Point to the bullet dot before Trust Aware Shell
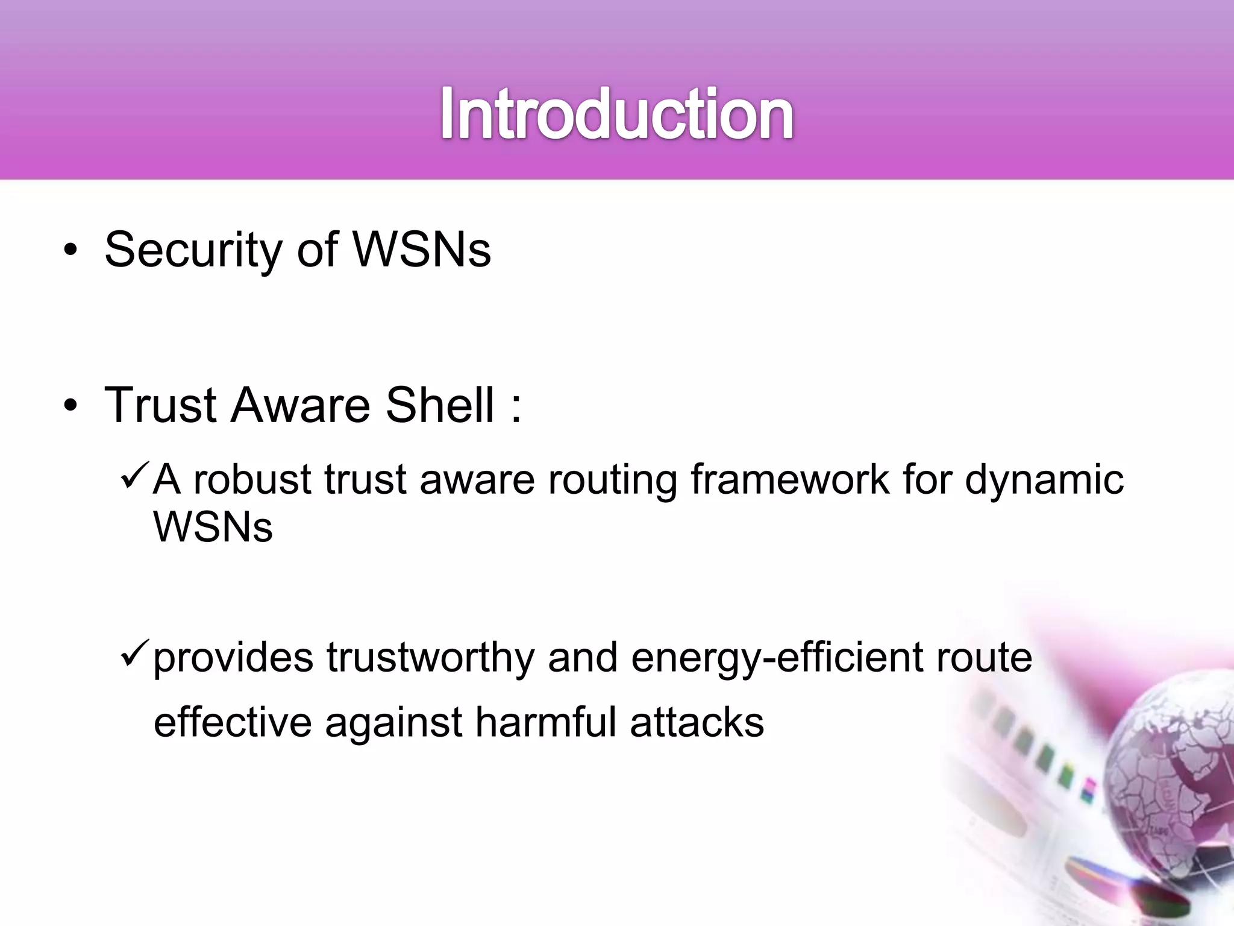pyautogui.click(x=70, y=405)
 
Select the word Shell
pyautogui.click(x=440, y=404)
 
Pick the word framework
pyautogui.click(x=790, y=480)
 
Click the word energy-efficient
pyautogui.click(x=777, y=658)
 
